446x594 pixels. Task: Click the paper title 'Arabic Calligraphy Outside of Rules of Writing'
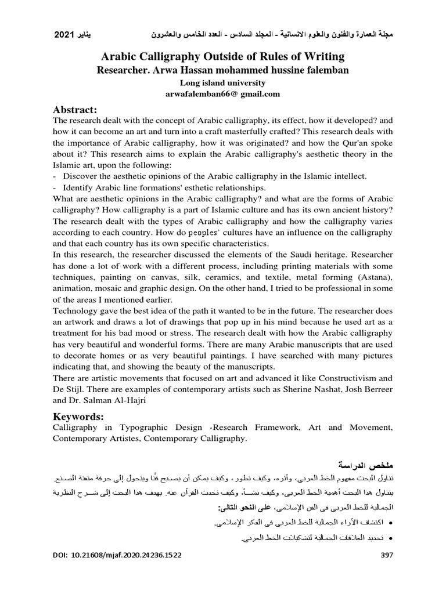click(223, 56)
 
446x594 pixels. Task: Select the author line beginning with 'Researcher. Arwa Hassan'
click(223, 70)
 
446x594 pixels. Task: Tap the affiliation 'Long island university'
click(223, 82)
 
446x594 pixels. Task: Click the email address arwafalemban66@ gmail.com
click(223, 93)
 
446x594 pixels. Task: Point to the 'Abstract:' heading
click(74, 110)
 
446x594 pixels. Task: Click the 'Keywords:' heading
click(78, 416)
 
